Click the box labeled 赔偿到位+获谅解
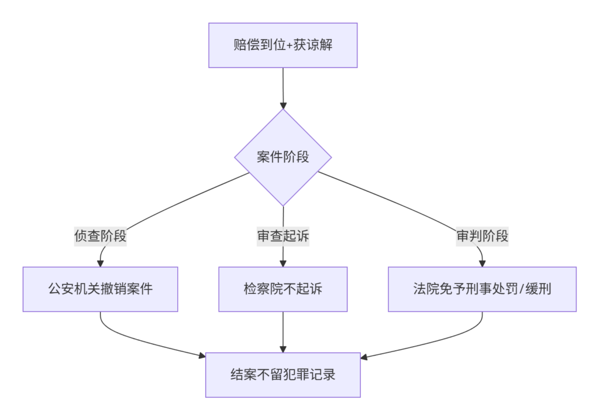click(283, 45)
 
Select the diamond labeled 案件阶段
click(283, 157)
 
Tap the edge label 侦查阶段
click(100, 235)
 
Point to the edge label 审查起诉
click(283, 235)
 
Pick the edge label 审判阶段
click(482, 235)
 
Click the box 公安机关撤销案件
click(100, 289)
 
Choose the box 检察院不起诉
click(283, 289)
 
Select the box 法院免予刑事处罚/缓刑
click(482, 289)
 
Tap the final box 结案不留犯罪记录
click(283, 375)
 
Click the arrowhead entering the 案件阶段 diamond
click(283, 105)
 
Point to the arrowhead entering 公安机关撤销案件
click(100, 264)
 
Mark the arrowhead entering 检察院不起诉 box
click(283, 264)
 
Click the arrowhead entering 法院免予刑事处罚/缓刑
click(482, 264)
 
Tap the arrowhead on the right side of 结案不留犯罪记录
click(364, 357)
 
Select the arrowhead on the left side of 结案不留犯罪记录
click(202, 356)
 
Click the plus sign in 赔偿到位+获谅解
click(290, 46)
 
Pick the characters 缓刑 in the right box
click(538, 289)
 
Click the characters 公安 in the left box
click(61, 289)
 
